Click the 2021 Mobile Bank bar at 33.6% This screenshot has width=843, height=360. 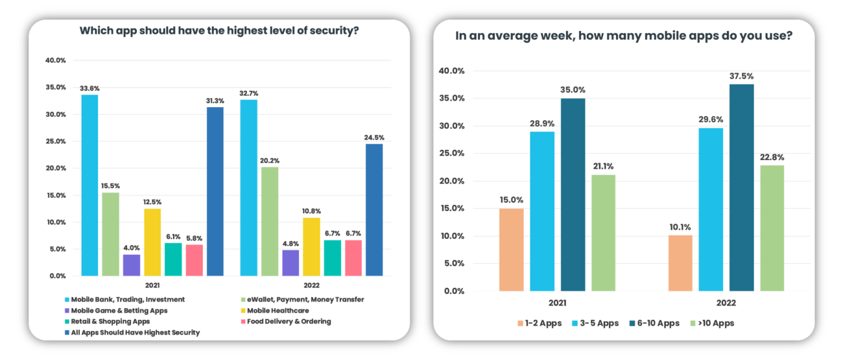point(89,185)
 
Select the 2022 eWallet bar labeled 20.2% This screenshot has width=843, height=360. point(270,221)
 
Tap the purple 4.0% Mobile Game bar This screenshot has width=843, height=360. point(132,265)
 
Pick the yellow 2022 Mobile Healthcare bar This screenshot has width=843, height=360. point(311,246)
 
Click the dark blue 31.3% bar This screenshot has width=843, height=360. point(215,191)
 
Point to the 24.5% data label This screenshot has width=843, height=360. point(374,138)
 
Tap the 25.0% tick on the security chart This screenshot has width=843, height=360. point(55,141)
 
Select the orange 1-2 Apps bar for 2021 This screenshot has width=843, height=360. point(511,249)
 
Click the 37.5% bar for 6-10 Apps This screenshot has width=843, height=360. point(741,187)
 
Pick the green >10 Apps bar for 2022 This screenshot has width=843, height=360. point(772,228)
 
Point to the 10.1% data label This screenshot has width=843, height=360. point(679,227)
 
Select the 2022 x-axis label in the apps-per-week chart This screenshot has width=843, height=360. point(726,303)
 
